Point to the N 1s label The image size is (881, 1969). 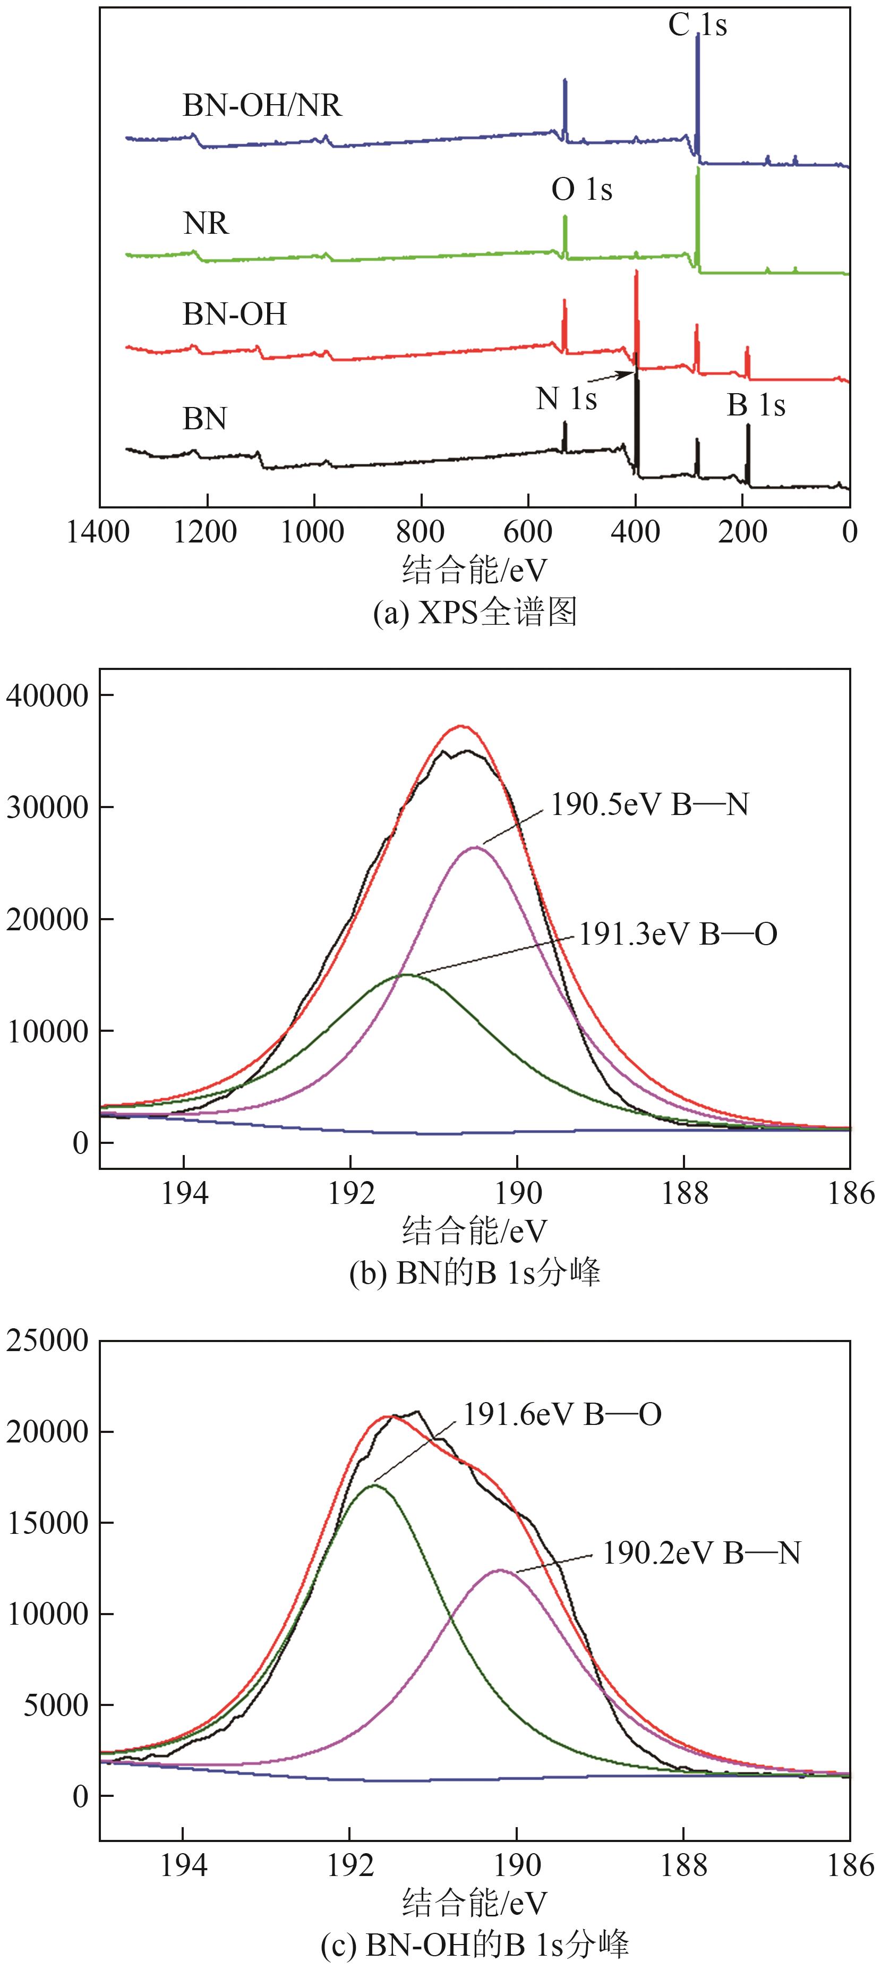coord(566,398)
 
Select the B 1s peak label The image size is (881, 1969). coord(756,404)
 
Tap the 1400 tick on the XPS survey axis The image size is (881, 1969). coord(99,532)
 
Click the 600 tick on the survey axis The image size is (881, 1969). coord(528,532)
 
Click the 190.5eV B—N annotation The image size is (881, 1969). coord(649,804)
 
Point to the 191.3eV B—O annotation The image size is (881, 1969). coord(678,933)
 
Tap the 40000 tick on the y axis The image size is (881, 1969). coord(47,695)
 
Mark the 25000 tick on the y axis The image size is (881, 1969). coord(47,1340)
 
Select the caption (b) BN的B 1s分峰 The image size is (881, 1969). coord(475,1272)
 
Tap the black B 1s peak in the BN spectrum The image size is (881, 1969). coord(748,455)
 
